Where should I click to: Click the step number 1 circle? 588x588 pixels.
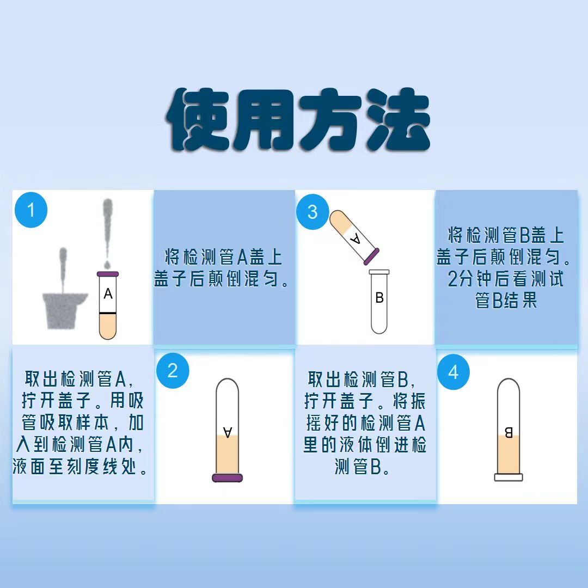pyautogui.click(x=31, y=210)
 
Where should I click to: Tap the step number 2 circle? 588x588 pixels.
pyautogui.click(x=173, y=371)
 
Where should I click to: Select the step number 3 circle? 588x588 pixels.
pyautogui.click(x=313, y=212)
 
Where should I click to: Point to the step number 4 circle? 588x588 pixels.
pyautogui.click(x=454, y=373)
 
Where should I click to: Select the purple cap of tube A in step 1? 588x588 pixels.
pyautogui.click(x=108, y=274)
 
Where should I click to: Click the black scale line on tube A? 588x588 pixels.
pyautogui.click(x=108, y=313)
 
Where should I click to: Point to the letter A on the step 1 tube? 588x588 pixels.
pyautogui.click(x=108, y=294)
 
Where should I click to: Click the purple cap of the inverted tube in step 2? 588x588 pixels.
pyautogui.click(x=227, y=477)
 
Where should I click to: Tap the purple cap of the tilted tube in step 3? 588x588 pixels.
pyautogui.click(x=371, y=254)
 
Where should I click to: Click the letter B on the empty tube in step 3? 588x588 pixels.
pyautogui.click(x=379, y=298)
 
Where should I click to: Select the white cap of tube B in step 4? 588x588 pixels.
pyautogui.click(x=508, y=477)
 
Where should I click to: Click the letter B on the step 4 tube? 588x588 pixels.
pyautogui.click(x=509, y=433)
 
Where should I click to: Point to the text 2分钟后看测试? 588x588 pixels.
pyautogui.click(x=506, y=279)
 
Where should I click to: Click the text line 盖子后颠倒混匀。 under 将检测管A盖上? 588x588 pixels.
pyautogui.click(x=223, y=279)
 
